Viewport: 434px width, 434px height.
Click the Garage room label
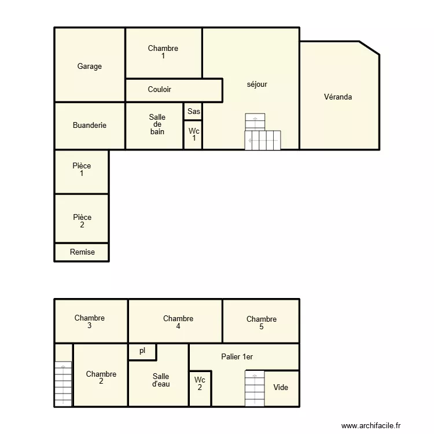coord(90,67)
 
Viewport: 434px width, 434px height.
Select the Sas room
coord(193,112)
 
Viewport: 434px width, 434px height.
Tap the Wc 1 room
coord(193,135)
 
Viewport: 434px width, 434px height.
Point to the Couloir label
coord(159,90)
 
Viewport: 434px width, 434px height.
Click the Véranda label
coord(338,97)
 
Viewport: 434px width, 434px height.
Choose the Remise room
coord(82,252)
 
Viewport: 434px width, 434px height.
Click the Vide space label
coord(281,388)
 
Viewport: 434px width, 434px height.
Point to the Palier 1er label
coord(237,357)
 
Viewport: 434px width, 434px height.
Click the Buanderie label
coord(90,126)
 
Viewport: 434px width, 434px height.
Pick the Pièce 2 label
coord(82,221)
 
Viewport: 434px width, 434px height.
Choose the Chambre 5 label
coord(261,323)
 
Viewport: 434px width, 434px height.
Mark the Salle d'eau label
coord(161,380)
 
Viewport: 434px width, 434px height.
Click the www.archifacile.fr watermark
coord(370,425)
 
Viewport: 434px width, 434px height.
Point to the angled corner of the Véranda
coord(370,48)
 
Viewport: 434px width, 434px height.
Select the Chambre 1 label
coord(163,52)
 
